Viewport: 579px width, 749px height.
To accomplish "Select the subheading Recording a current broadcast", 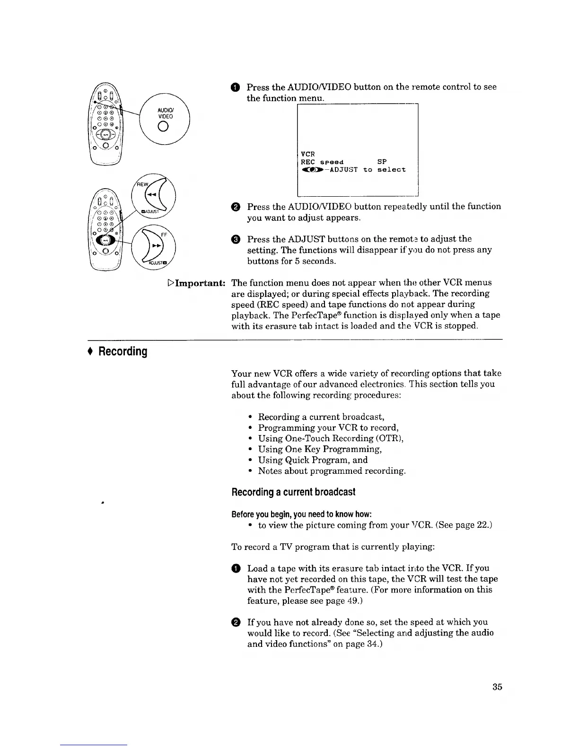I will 293,492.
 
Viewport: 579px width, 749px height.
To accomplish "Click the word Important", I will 199,283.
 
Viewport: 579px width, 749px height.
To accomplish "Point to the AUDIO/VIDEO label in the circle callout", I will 166,113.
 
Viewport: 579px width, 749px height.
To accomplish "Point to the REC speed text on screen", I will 322,162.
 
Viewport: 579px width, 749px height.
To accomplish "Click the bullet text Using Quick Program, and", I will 313,460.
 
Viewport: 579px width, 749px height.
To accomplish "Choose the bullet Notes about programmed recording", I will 332,471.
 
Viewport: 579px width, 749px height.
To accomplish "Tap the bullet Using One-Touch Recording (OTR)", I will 331,438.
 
